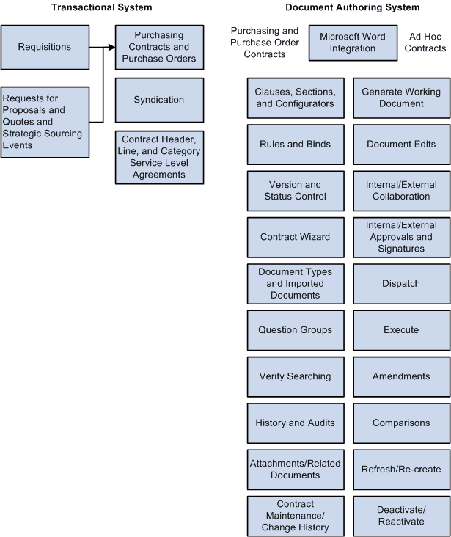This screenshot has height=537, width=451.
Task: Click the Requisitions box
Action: (45, 48)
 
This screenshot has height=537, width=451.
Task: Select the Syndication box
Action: (159, 100)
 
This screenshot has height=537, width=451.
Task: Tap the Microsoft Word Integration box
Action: (353, 43)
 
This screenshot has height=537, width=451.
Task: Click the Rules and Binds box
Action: (295, 145)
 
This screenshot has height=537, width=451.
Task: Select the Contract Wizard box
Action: (295, 237)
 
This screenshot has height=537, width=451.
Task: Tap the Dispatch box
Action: (401, 283)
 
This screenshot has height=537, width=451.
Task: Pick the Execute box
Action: (401, 330)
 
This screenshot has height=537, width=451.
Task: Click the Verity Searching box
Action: (295, 376)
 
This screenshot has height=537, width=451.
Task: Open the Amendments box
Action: (401, 376)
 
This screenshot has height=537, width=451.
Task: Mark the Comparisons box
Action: (401, 423)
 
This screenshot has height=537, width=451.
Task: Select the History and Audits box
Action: (295, 423)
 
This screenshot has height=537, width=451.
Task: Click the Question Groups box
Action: (295, 330)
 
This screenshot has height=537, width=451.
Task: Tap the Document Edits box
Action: (401, 145)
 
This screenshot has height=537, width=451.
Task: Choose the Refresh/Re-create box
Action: (401, 470)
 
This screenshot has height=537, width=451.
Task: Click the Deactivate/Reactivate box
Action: (401, 516)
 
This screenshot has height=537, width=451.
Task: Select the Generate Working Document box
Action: (401, 98)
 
